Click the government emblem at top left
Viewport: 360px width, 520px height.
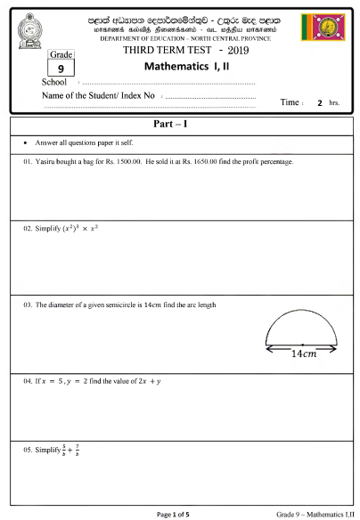pos(34,30)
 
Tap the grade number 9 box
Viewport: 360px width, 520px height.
pos(59,66)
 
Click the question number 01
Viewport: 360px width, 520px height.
pos(29,162)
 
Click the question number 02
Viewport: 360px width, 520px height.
pos(29,229)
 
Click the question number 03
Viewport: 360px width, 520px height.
pos(29,305)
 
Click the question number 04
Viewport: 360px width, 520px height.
pos(29,380)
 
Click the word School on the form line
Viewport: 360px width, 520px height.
pos(43,82)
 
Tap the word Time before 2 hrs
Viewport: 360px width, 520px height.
pos(290,103)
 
